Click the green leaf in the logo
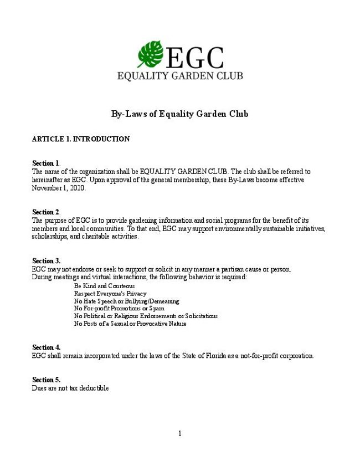(x=150, y=54)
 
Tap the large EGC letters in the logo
(x=194, y=57)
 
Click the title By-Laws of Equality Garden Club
(x=179, y=114)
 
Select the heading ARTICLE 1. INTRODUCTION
(x=81, y=139)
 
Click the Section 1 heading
(x=46, y=163)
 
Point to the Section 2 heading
(x=46, y=212)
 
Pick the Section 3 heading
(x=46, y=261)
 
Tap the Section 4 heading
(x=46, y=347)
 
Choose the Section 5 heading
(x=46, y=380)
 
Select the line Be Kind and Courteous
(x=104, y=285)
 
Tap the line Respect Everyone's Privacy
(x=110, y=293)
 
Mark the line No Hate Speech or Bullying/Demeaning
(x=126, y=301)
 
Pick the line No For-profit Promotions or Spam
(x=119, y=308)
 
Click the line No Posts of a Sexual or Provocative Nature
(x=130, y=324)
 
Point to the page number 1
(x=179, y=433)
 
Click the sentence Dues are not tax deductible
(x=70, y=388)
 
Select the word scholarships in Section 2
(x=49, y=237)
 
